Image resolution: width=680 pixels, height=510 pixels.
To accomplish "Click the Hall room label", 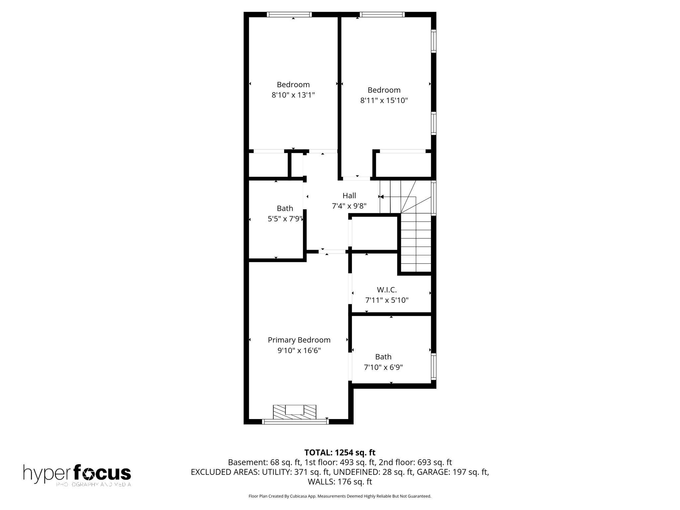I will pyautogui.click(x=349, y=196).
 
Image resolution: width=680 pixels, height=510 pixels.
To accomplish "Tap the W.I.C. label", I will pyautogui.click(x=386, y=290).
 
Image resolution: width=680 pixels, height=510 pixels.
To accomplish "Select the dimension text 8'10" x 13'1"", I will pyautogui.click(x=293, y=95).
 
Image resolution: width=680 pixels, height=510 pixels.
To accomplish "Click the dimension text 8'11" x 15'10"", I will pyautogui.click(x=384, y=101).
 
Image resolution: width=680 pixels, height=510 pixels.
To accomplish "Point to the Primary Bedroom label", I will pyautogui.click(x=299, y=340).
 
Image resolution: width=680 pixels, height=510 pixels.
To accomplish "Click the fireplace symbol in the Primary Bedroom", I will pyautogui.click(x=295, y=412).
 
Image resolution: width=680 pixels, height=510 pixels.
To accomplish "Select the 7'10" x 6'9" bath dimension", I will pyautogui.click(x=383, y=368).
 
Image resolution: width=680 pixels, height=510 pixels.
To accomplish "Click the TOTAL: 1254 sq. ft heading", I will pyautogui.click(x=340, y=453).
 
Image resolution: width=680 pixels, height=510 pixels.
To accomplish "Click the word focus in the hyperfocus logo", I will pyautogui.click(x=102, y=473).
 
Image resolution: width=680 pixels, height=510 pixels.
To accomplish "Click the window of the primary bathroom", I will pyautogui.click(x=434, y=367).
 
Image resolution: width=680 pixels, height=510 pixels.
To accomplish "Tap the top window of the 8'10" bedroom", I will pyautogui.click(x=289, y=15).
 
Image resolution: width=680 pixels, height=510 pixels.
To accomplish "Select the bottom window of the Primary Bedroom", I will pyautogui.click(x=295, y=422).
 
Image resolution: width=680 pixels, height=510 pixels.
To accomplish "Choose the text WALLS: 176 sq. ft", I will pyautogui.click(x=340, y=482).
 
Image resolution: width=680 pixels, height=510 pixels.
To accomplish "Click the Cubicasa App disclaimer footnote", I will pyautogui.click(x=340, y=496).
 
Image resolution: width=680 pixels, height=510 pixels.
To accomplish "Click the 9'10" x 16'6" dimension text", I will pyautogui.click(x=299, y=351).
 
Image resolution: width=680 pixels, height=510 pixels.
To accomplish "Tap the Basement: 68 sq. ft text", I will pyautogui.click(x=264, y=463).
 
